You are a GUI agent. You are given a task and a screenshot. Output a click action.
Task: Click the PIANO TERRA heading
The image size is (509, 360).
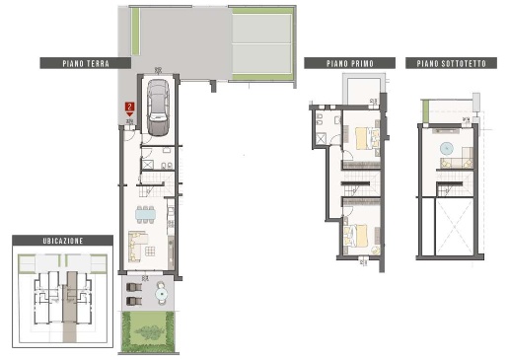coord(86,63)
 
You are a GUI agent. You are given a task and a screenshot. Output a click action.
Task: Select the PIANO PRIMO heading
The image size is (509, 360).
coord(350,63)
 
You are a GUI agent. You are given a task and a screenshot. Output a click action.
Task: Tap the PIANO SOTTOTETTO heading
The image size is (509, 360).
coord(451,63)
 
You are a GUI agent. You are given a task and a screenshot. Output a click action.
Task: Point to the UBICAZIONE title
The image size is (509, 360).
coord(63,241)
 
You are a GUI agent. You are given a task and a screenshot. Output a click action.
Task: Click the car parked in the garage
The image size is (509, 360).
coord(158,108)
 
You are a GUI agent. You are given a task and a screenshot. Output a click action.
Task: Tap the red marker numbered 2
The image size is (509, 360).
coord(130,108)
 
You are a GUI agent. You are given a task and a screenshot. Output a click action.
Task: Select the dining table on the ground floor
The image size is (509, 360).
coord(145,215)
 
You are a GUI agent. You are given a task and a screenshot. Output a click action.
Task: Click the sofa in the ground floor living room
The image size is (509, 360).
coord(136,246)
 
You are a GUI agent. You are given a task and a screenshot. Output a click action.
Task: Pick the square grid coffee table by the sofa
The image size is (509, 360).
coord(150,252)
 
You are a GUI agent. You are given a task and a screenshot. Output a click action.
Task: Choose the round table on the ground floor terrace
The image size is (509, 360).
coord(162,293)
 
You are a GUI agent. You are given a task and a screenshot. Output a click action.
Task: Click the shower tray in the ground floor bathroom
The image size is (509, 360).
coord(147,165)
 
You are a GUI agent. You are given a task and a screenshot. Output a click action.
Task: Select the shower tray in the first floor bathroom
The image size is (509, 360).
coord(321,139)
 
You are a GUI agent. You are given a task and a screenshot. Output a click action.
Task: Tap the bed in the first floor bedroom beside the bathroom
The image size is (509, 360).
coord(367,139)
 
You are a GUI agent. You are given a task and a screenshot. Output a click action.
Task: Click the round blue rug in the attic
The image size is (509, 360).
coord(447,149)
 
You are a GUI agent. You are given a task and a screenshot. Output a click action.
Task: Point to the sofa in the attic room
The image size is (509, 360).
coord(457,160)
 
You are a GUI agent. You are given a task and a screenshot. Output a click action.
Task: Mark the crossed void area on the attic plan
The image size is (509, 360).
coord(454,227)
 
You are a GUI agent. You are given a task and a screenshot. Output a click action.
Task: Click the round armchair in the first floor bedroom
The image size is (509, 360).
coord(375,250)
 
